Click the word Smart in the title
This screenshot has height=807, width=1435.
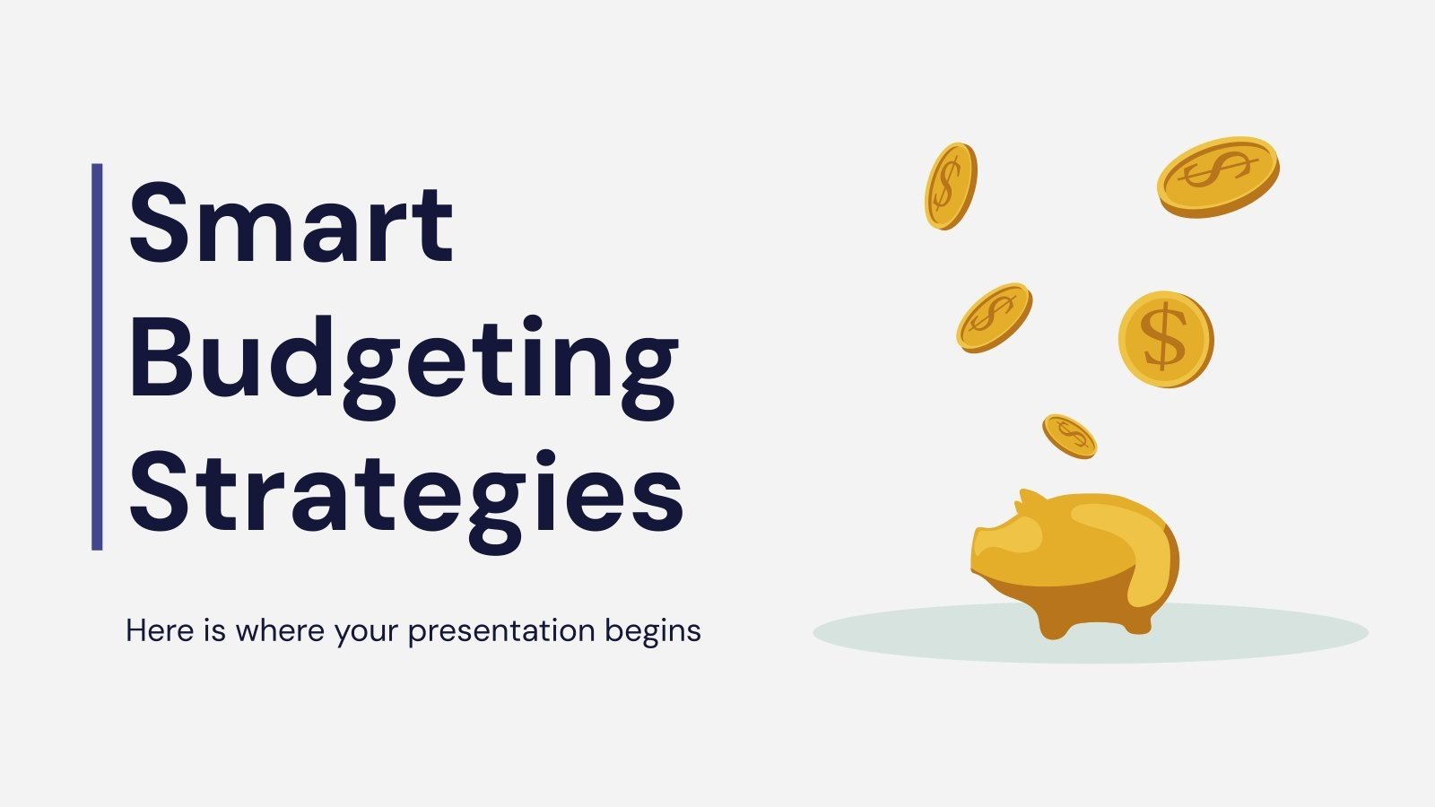click(x=291, y=224)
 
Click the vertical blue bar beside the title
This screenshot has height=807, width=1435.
click(x=97, y=356)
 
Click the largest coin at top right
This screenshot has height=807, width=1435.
click(x=1217, y=175)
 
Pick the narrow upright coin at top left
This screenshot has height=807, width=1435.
click(x=950, y=186)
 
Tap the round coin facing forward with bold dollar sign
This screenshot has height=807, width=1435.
click(x=1165, y=339)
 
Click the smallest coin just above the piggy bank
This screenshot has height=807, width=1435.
click(x=1069, y=436)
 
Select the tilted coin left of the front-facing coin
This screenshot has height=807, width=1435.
click(x=994, y=317)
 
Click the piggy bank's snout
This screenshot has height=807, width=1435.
click(x=985, y=549)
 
